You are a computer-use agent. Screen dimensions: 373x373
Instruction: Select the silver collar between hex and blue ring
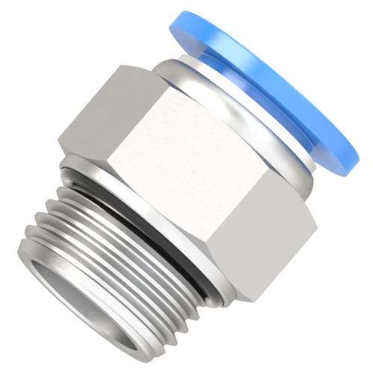tap(246, 104)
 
